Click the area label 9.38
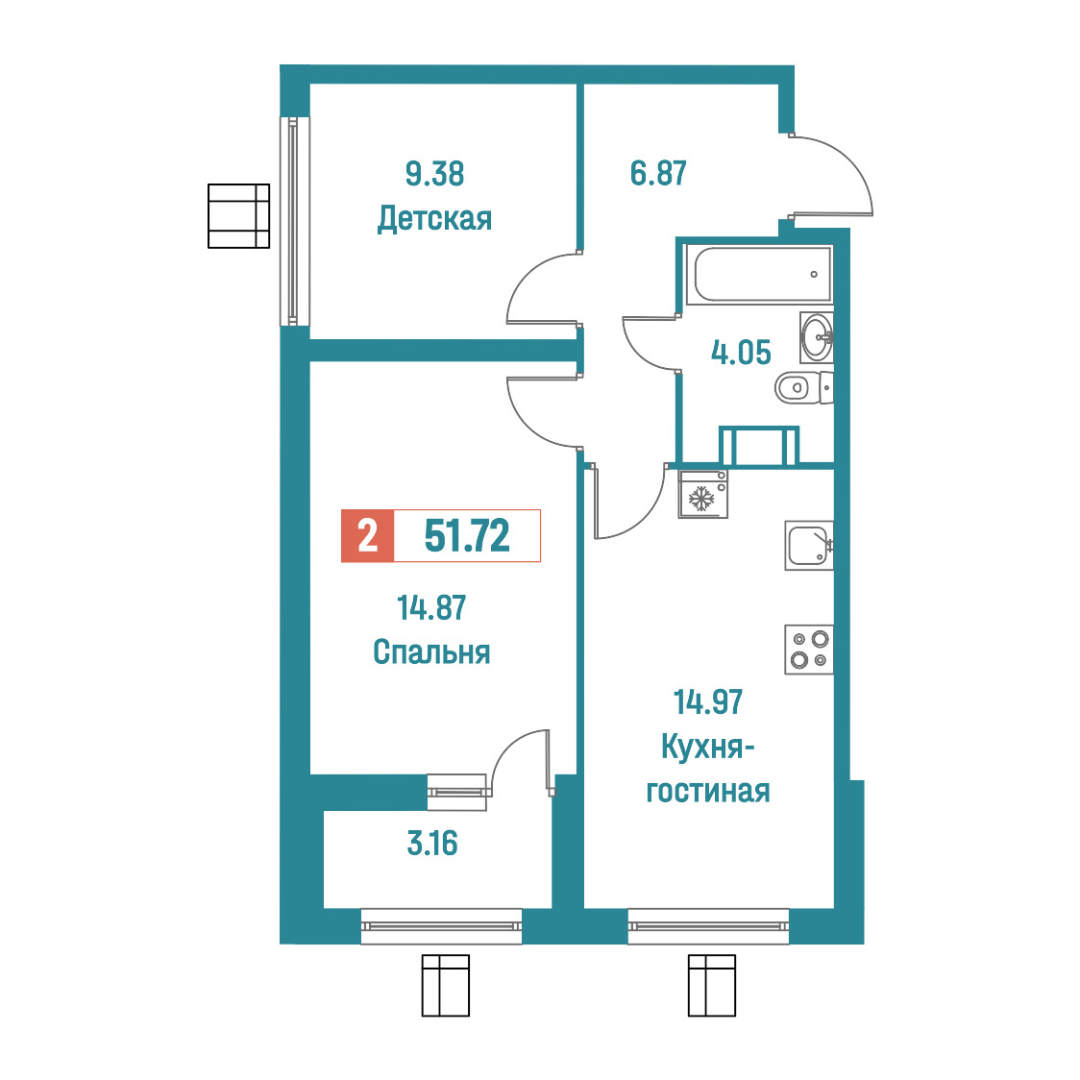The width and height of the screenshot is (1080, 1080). pos(434,174)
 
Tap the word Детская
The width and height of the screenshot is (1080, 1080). pos(434,219)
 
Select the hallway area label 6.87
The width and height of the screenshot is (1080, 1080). pos(658,173)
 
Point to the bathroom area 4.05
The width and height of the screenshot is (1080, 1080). pos(741,353)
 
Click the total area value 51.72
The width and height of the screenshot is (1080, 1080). pos(467,536)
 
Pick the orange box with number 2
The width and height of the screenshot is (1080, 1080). pos(368,536)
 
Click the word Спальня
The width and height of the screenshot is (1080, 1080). pos(431,651)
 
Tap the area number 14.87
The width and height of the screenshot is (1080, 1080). pos(431,608)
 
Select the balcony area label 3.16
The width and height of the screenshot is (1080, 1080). pos(432,843)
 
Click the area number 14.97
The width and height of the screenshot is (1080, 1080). pos(708,702)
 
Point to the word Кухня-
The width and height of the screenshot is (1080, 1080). pos(708,747)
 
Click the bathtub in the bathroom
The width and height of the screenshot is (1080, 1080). pos(759,275)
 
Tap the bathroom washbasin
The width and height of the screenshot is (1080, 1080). pos(817,337)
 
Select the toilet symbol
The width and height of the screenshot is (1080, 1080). pos(804,388)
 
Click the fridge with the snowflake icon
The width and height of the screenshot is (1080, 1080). pos(702,494)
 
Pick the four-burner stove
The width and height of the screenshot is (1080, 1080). pos(809,649)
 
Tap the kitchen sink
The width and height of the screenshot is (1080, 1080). pos(809,545)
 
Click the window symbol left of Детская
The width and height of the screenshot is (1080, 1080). pos(238,215)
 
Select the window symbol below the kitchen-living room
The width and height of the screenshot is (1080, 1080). pos(712,985)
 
